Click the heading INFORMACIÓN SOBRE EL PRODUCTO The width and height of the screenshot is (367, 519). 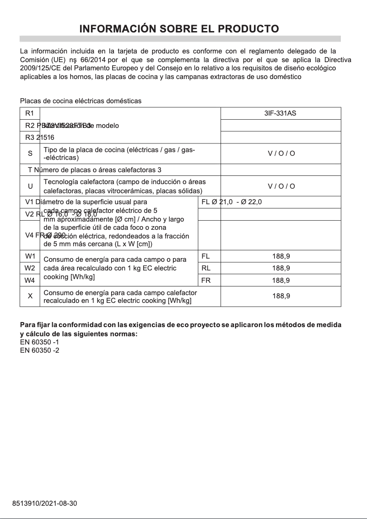tap(179, 29)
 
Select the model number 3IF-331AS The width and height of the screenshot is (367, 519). tap(281, 113)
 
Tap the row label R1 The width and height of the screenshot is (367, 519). tap(30, 113)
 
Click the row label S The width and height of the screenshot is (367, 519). tap(30, 154)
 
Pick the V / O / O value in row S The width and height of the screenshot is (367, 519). tap(281, 154)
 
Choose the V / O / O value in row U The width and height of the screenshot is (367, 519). tap(281, 186)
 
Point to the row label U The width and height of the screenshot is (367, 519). tap(30, 186)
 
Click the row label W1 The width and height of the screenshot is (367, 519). tap(30, 256)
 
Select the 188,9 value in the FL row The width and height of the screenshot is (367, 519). tap(281, 256)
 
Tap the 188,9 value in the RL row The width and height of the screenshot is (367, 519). tap(281, 268)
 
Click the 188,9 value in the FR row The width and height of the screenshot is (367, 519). tap(281, 280)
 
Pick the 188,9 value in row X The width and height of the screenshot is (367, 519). tap(281, 296)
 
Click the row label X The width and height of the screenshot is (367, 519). tap(30, 296)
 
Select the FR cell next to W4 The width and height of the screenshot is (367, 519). tap(206, 280)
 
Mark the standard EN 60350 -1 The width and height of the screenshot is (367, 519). tap(39, 342)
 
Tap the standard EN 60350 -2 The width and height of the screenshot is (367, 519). tap(39, 350)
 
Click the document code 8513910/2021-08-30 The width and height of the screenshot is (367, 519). tap(44, 503)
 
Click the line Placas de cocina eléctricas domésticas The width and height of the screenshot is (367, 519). tap(81, 101)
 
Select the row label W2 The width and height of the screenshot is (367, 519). tap(30, 268)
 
